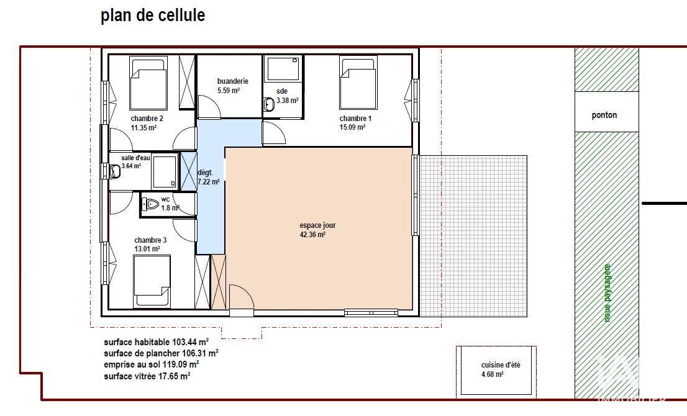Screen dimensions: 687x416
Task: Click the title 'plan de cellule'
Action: point(153,16)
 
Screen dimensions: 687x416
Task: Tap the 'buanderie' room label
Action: point(233,81)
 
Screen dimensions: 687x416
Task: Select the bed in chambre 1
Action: point(358,83)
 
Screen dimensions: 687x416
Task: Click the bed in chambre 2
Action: point(148,83)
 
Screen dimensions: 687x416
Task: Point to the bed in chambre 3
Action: point(152,281)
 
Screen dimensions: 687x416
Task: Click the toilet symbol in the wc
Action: point(150,204)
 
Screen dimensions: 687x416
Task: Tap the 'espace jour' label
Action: point(317,225)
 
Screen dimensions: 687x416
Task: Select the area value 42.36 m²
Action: point(312,235)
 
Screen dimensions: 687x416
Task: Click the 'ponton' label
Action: point(604,115)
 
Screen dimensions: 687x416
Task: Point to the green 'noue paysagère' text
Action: point(607,293)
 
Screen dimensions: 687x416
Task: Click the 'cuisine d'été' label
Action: point(501,364)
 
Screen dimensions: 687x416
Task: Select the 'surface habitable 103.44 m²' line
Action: point(156,342)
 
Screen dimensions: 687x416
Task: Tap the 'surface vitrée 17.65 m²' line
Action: point(147,376)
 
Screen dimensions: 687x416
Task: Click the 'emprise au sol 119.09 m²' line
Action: point(151,364)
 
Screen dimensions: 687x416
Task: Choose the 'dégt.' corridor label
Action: point(205,173)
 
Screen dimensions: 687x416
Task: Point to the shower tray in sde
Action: point(283,69)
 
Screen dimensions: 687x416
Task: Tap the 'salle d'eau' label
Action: point(136,158)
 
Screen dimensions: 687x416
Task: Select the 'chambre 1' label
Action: point(355,119)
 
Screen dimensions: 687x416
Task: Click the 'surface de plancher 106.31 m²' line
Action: point(161,353)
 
